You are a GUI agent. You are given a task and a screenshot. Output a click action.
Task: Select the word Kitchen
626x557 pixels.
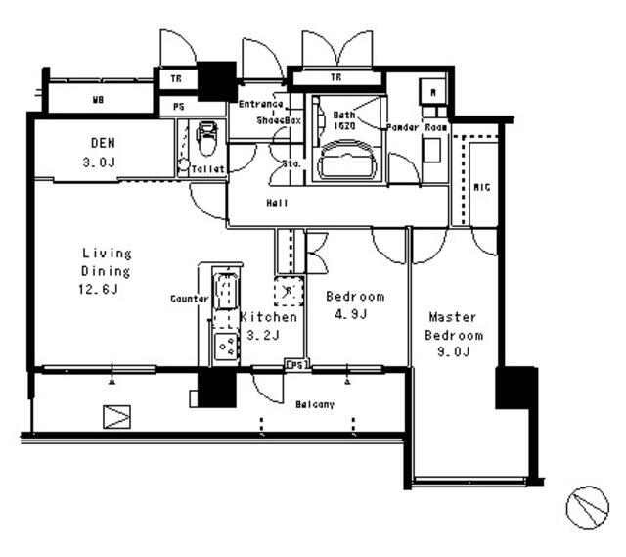tap(267, 317)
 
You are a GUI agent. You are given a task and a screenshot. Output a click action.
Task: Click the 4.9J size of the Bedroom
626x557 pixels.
tap(354, 314)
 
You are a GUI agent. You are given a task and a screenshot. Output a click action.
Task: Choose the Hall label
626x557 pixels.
tap(276, 203)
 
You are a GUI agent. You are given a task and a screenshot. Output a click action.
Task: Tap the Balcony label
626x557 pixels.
tap(315, 404)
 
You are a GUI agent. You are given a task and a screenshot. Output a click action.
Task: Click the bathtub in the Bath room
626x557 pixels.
tap(348, 158)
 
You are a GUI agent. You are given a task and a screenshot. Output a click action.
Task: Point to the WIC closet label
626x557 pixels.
tap(481, 186)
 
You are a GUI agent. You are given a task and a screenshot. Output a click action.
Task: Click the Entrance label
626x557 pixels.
tap(261, 104)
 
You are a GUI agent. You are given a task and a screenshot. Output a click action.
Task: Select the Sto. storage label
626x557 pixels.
tap(291, 163)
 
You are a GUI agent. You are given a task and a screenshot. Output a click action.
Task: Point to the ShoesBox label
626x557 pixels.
tap(280, 120)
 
